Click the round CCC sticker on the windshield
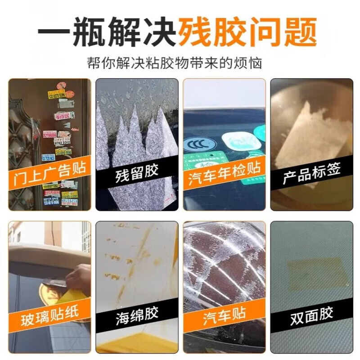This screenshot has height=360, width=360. pyautogui.click(x=200, y=145)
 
